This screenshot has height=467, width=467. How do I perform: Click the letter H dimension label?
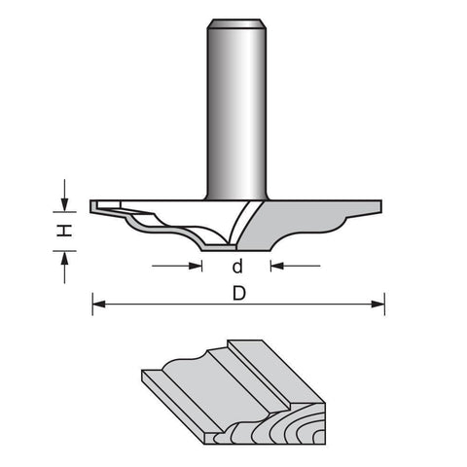(64, 231)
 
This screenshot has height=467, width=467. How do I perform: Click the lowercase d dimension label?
(237, 266)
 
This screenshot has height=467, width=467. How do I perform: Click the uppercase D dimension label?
(239, 294)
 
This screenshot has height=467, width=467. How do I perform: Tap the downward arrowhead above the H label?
(65, 205)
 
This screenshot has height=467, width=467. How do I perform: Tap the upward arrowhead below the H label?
(65, 258)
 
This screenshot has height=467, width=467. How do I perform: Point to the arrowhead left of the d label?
(196, 266)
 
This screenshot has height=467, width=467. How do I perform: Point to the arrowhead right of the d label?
(277, 266)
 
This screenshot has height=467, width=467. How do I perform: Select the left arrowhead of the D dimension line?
(99, 305)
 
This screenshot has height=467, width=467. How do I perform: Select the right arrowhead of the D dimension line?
(378, 305)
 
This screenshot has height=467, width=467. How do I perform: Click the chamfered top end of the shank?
(236, 23)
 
